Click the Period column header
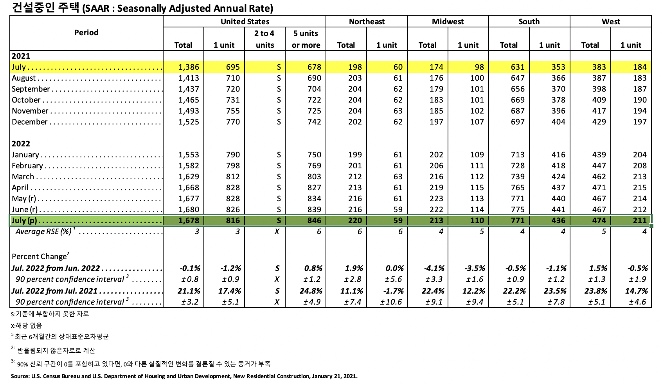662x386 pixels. coord(86,32)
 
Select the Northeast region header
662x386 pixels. coord(367,22)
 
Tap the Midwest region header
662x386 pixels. coord(448,22)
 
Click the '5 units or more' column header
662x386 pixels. coord(306,39)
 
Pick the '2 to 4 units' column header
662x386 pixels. coord(264,39)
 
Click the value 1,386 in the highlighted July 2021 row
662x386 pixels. coord(189,67)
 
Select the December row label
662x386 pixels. coord(30,122)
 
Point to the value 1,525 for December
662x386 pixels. coord(189,122)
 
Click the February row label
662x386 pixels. coord(27,166)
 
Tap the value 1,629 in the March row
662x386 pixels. coord(189,177)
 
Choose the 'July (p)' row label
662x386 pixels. coord(24,220)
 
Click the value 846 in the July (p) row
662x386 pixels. coord(314,220)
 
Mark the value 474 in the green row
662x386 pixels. coord(599,220)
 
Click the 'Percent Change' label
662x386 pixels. coord(40,256)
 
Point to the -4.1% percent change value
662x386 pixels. coord(434,268)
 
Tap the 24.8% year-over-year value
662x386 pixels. coord(313,291)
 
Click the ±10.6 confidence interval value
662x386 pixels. coord(391,302)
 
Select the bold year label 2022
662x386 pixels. coord(21,144)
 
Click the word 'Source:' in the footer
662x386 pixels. coord(20,376)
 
